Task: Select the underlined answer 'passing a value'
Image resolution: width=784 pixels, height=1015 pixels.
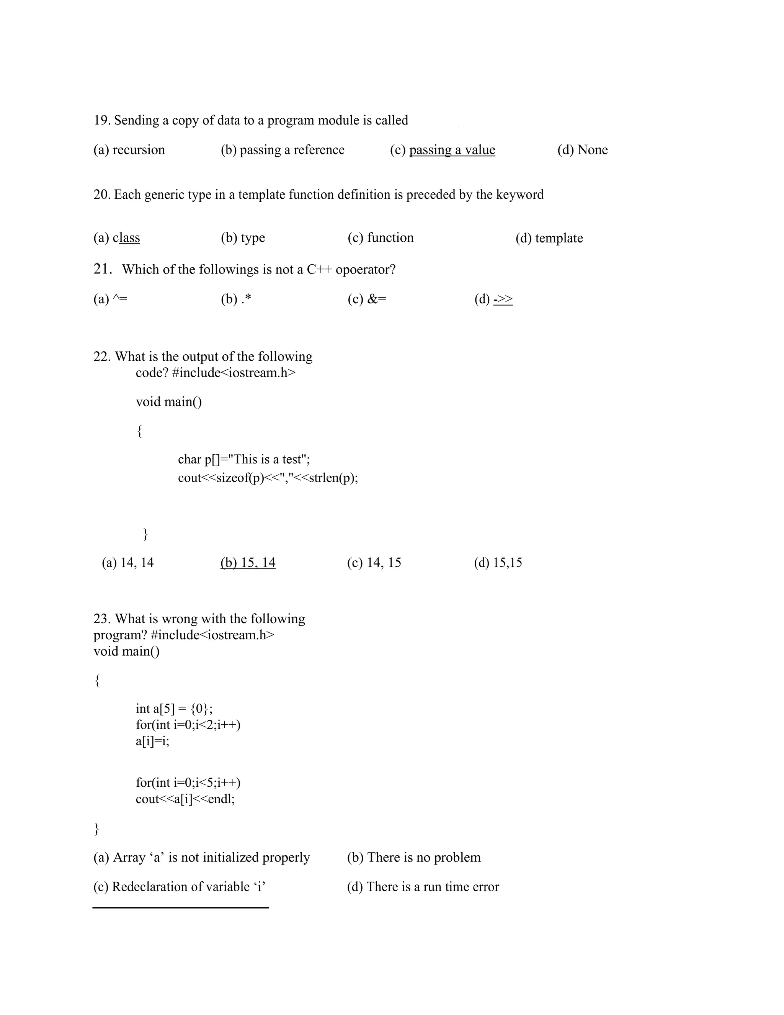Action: pyautogui.click(x=452, y=150)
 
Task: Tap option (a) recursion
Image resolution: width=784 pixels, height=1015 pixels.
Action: pyautogui.click(x=129, y=150)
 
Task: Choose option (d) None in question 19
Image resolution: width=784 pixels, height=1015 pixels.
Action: pyautogui.click(x=582, y=150)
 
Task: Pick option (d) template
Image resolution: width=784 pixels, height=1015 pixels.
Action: pyautogui.click(x=549, y=238)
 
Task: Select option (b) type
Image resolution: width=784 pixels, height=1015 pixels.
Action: pyautogui.click(x=243, y=238)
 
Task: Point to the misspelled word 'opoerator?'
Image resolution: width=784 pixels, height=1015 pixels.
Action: pyautogui.click(x=366, y=270)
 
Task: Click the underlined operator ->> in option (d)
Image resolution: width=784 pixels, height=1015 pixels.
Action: pyautogui.click(x=503, y=299)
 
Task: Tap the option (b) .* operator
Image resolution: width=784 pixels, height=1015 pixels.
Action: pyautogui.click(x=236, y=299)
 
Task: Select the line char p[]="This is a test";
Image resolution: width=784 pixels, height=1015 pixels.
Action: pyautogui.click(x=244, y=459)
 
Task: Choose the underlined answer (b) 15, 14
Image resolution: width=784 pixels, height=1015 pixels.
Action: pyautogui.click(x=248, y=563)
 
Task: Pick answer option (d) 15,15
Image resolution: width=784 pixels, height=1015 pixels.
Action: pyautogui.click(x=498, y=563)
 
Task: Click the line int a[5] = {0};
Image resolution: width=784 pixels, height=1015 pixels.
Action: pyautogui.click(x=174, y=708)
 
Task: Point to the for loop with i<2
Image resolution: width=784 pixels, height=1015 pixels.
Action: pyautogui.click(x=188, y=725)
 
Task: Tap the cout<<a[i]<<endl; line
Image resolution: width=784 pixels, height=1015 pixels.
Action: pyautogui.click(x=185, y=799)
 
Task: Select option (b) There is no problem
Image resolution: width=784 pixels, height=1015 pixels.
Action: pyautogui.click(x=414, y=857)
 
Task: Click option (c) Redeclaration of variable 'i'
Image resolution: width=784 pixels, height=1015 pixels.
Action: pyautogui.click(x=179, y=886)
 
